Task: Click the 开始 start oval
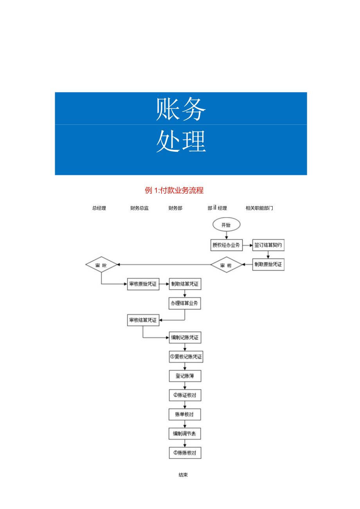point(226,225)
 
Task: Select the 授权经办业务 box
point(226,245)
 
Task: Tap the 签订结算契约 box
point(268,245)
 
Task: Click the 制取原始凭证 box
point(268,265)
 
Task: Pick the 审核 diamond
point(226,265)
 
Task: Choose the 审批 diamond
point(101,265)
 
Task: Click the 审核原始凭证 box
point(143,284)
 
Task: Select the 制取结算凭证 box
point(185,284)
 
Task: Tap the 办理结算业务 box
point(185,304)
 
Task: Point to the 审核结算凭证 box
point(143,320)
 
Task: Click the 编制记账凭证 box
point(185,337)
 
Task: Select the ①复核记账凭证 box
point(185,357)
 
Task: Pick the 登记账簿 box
point(185,376)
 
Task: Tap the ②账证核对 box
point(185,396)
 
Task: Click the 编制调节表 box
point(185,434)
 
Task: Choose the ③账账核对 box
point(185,453)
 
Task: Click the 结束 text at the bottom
point(183,475)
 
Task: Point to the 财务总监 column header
point(139,208)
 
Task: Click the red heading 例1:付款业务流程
point(174,191)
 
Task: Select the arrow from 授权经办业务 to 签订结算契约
point(247,246)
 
